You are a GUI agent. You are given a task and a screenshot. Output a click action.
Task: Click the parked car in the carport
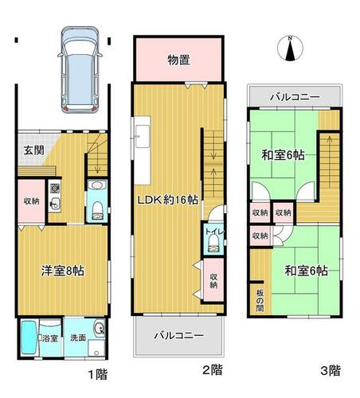click(x=80, y=70)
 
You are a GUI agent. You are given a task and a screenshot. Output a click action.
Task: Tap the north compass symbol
click(x=290, y=49)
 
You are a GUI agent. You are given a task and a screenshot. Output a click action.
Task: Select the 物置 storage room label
click(x=178, y=60)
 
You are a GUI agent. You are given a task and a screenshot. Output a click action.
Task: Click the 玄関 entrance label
click(x=34, y=150)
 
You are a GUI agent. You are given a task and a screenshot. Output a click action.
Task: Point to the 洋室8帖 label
click(x=63, y=271)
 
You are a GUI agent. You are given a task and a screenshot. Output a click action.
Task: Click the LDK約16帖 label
click(x=167, y=200)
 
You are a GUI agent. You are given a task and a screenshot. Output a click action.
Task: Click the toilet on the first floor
click(x=97, y=210)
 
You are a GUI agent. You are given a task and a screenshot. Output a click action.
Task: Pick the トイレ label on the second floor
click(x=215, y=232)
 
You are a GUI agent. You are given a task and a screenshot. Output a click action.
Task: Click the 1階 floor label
click(x=98, y=374)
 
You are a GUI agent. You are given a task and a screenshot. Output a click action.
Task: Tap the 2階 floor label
click(x=213, y=369)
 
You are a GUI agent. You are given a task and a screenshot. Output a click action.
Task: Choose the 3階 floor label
click(x=331, y=370)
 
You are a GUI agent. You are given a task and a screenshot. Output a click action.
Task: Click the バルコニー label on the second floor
click(x=179, y=335)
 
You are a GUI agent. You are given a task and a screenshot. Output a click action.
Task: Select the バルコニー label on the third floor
click(x=295, y=97)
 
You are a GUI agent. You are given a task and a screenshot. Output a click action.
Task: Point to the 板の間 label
click(x=260, y=300)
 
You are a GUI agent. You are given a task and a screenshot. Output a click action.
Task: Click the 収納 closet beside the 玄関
click(x=31, y=201)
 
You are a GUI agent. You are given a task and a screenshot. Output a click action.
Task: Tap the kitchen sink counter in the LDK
click(x=142, y=150)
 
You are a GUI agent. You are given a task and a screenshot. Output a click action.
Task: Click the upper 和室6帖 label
click(x=283, y=154)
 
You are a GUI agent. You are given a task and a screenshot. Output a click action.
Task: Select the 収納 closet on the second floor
click(x=213, y=280)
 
